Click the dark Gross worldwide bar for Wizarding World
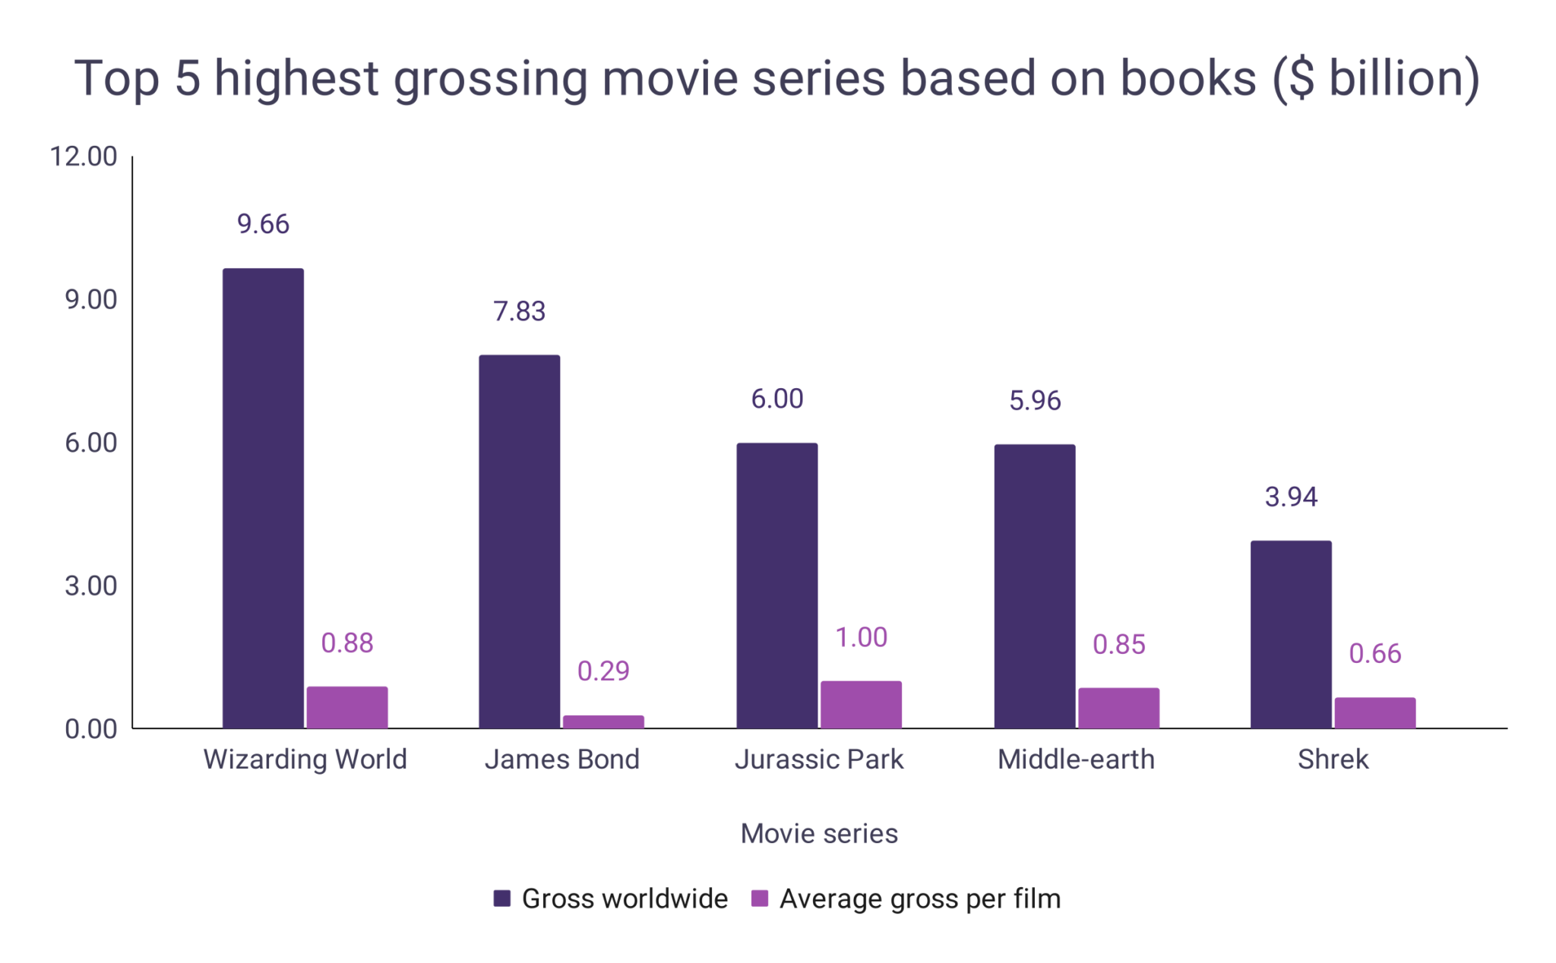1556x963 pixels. (263, 498)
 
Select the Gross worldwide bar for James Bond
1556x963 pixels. (519, 541)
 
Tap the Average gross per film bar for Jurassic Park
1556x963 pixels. (861, 705)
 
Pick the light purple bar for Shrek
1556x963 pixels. (1374, 713)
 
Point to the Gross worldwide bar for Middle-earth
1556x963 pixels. (1034, 586)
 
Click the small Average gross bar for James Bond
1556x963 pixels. (603, 721)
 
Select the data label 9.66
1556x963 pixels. (263, 224)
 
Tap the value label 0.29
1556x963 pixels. (603, 671)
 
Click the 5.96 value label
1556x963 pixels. (1034, 400)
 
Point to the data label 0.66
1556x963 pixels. (1374, 653)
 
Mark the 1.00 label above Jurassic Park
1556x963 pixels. (861, 637)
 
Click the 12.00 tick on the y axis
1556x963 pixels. (84, 156)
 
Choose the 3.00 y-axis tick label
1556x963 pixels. (90, 586)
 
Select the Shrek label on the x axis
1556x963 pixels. (1333, 759)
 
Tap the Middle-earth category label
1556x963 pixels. (1076, 759)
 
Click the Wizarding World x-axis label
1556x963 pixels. (305, 759)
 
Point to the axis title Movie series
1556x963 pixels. (819, 833)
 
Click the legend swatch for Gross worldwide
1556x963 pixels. (501, 898)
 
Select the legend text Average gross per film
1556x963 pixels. (919, 898)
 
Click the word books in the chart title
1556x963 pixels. (1188, 78)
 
